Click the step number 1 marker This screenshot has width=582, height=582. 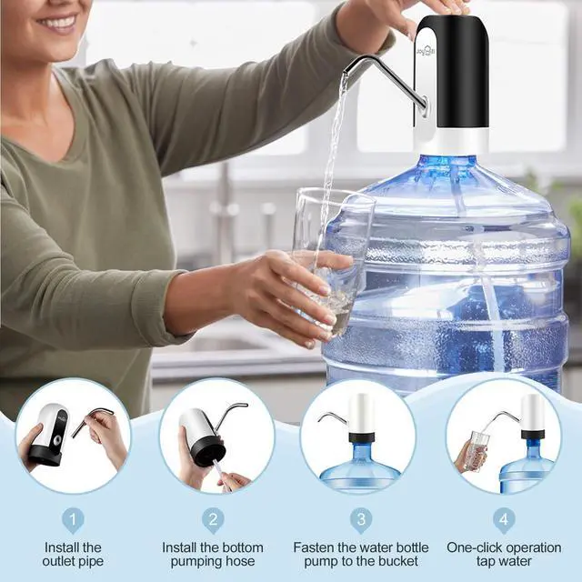click(74, 520)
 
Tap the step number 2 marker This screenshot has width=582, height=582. click(213, 520)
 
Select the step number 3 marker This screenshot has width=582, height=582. click(362, 520)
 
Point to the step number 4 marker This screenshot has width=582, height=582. click(503, 520)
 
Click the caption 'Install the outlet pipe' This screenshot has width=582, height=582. click(74, 555)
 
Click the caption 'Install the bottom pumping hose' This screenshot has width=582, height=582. click(213, 555)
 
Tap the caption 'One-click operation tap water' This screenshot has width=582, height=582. click(503, 555)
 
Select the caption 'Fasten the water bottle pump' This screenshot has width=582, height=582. click(362, 555)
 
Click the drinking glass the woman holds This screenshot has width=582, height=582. click(331, 255)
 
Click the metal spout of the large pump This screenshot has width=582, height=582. click(382, 73)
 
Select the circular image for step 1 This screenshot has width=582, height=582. click(74, 436)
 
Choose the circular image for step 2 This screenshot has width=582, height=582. click(216, 436)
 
